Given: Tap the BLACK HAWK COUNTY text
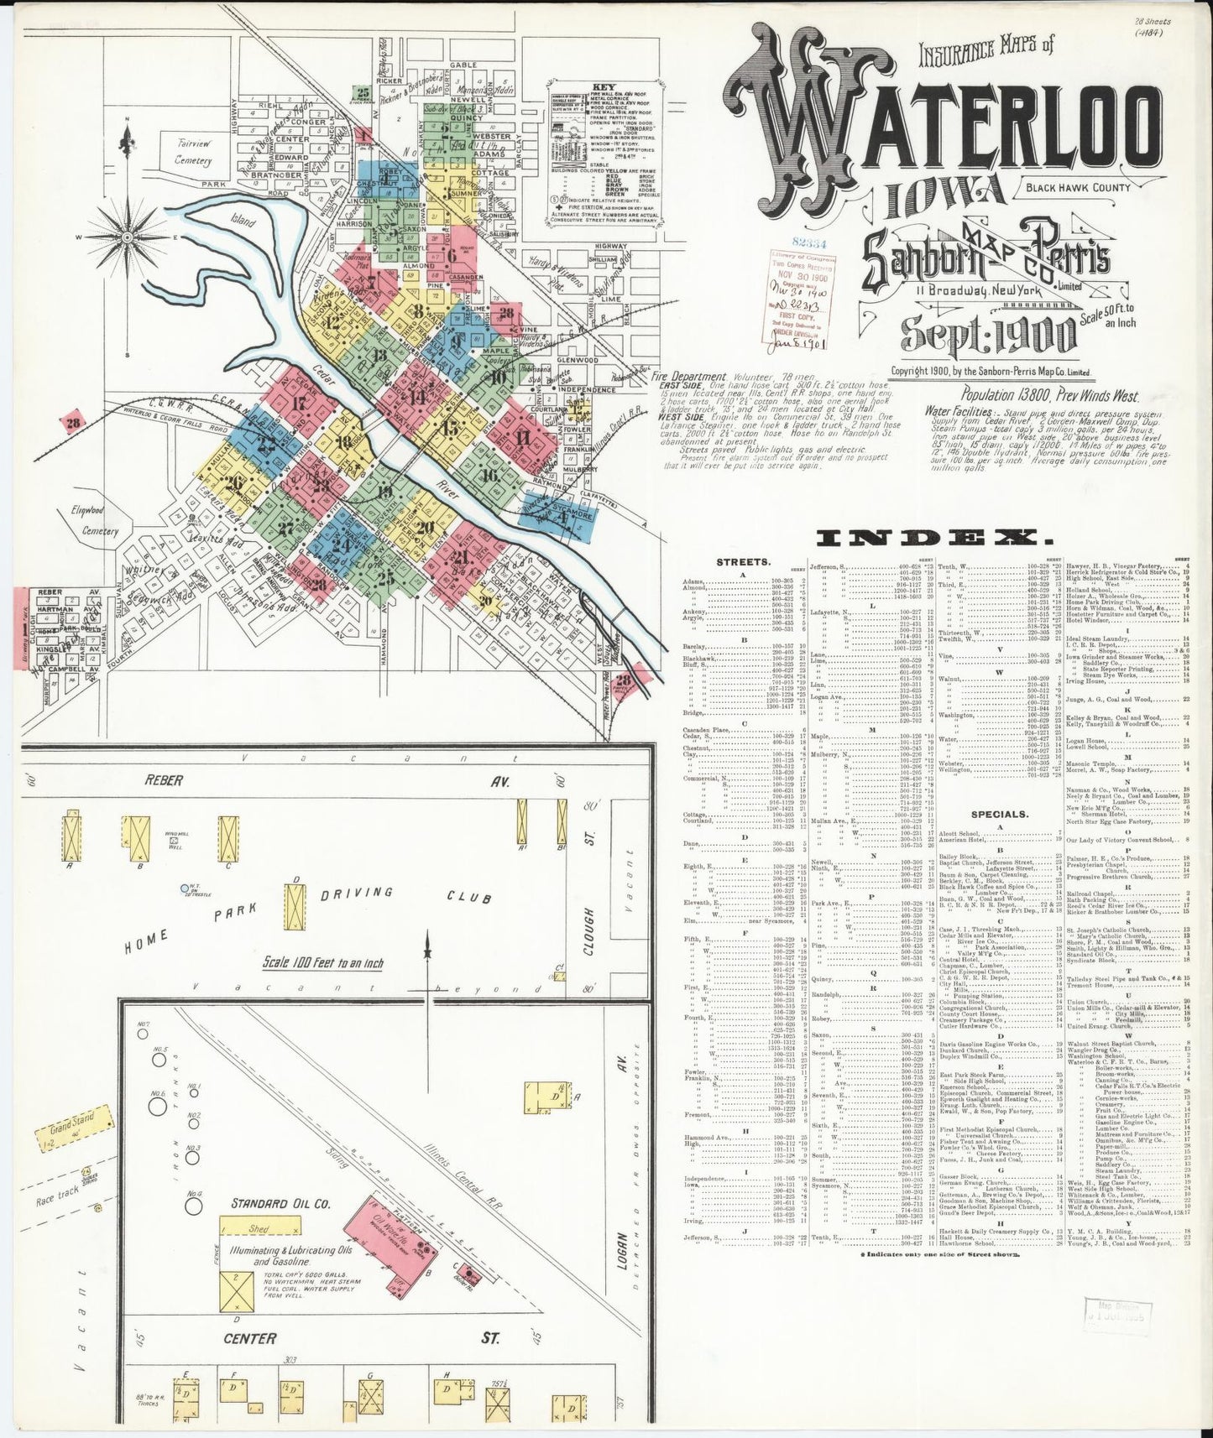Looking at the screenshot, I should click(1077, 187).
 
